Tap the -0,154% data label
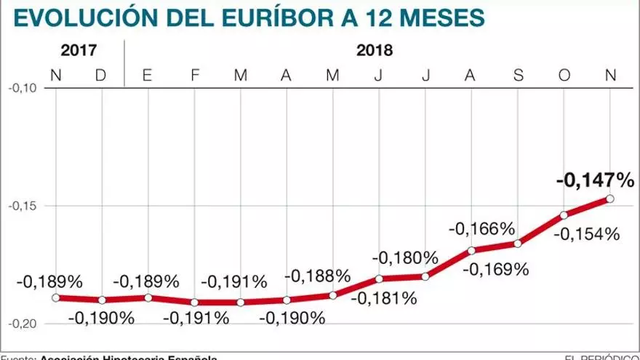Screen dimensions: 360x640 [x=586, y=235]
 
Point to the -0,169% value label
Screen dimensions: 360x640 [x=495, y=269]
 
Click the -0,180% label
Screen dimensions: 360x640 [x=405, y=257]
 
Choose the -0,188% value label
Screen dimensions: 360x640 [x=318, y=276]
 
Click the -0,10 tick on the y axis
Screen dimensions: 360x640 [x=22, y=88]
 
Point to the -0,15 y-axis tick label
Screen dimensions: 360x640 [x=22, y=206]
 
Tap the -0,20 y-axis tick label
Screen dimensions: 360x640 [x=22, y=324]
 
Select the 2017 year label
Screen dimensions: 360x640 [x=79, y=51]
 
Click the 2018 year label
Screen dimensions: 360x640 [x=375, y=51]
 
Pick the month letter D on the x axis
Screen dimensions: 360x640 [x=102, y=74]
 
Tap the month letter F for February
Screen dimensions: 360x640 [x=194, y=74]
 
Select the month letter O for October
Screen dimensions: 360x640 [x=564, y=74]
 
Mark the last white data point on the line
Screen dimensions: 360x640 [x=609, y=199]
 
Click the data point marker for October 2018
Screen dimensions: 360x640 [x=564, y=215]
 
